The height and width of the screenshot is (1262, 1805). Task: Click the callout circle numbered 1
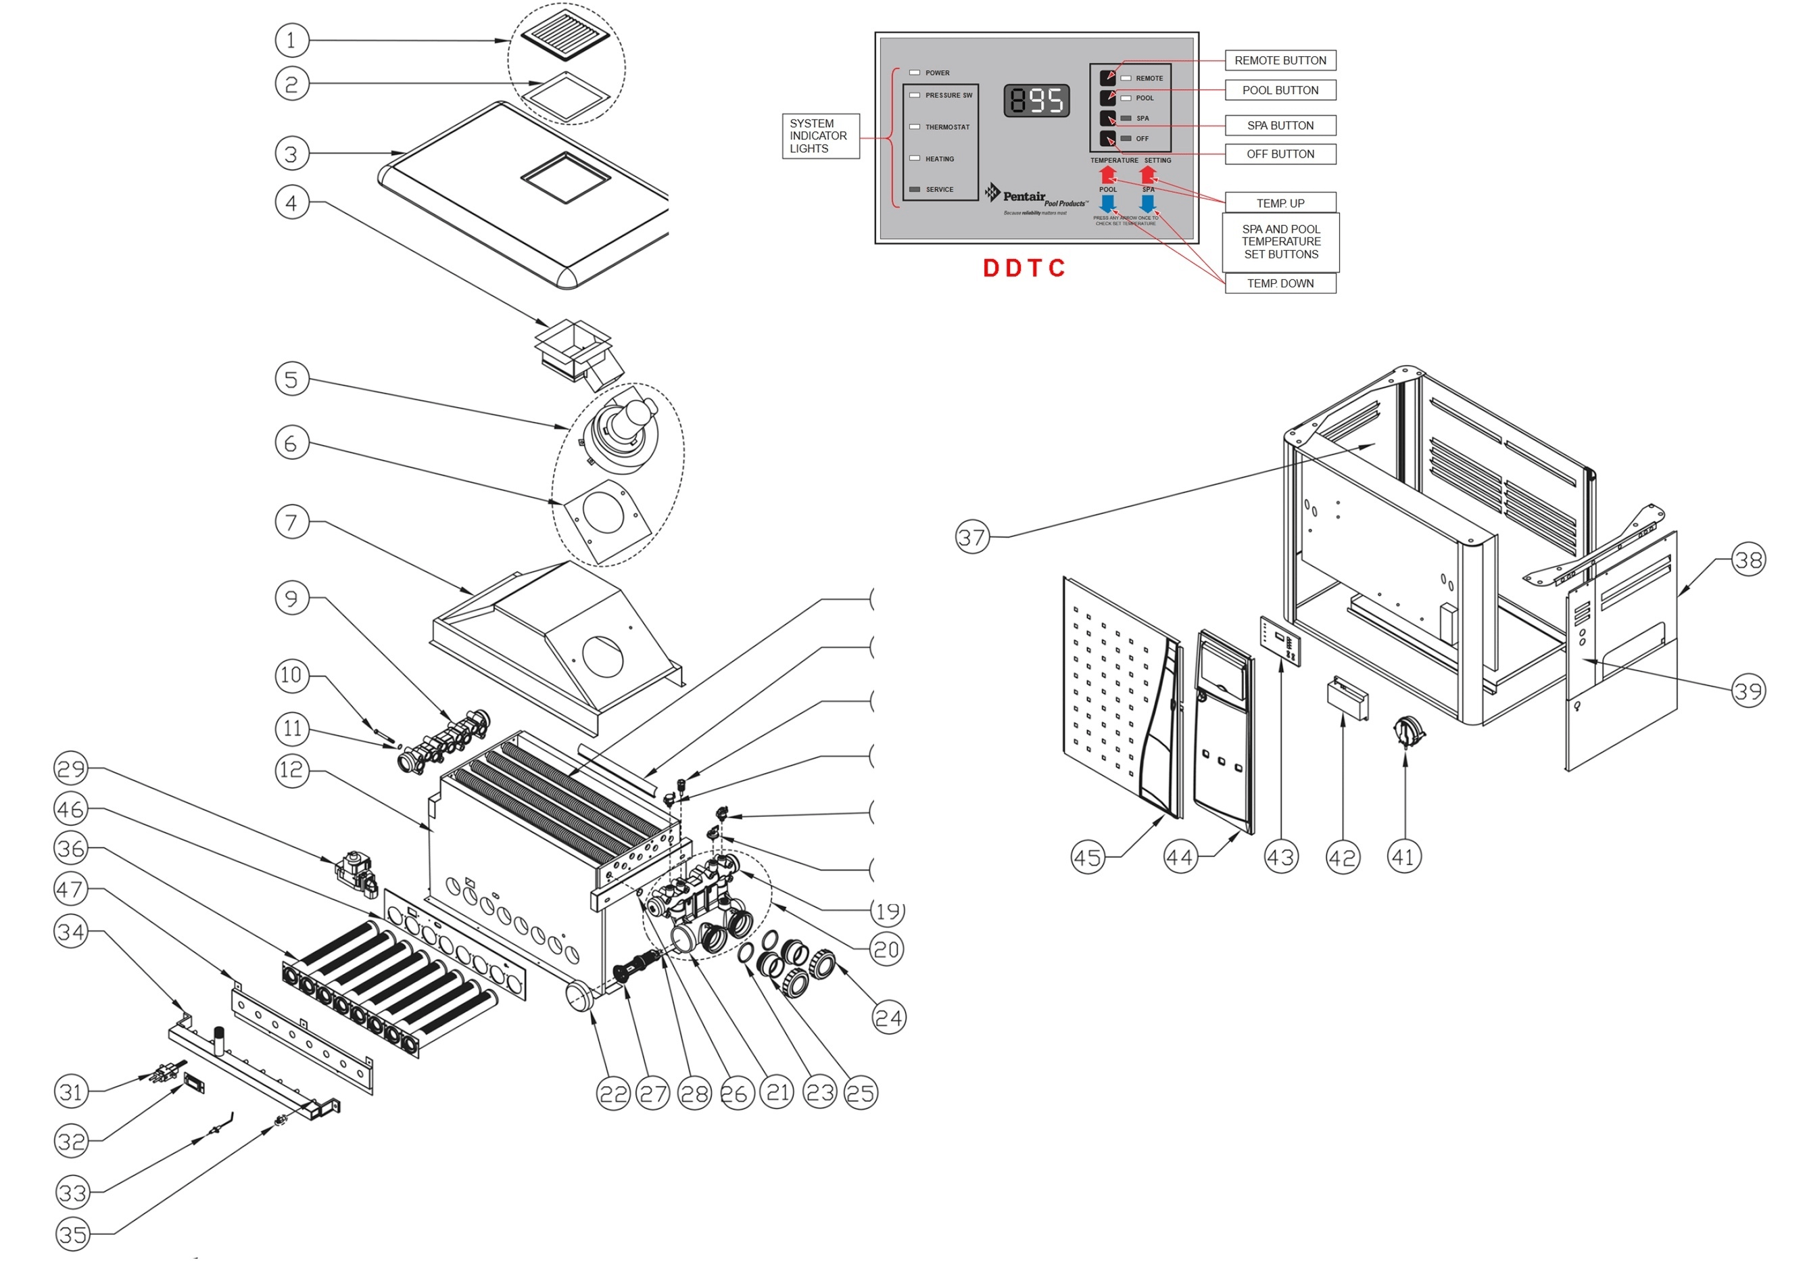coord(291,40)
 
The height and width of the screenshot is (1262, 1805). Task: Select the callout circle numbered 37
coord(971,537)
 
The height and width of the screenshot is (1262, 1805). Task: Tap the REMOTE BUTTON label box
coord(1280,61)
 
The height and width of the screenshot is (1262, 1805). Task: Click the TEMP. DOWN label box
coord(1280,284)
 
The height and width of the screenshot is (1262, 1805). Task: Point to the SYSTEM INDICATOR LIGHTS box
coord(820,136)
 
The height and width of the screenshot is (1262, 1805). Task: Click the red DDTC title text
coord(1024,268)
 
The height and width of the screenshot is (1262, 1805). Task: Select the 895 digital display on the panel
coord(1036,100)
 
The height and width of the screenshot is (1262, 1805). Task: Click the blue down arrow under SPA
coord(1147,203)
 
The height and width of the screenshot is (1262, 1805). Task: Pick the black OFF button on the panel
coord(1108,139)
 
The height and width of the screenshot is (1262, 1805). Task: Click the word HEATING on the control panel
coord(940,159)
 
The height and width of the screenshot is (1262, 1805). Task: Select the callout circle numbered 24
coord(889,1019)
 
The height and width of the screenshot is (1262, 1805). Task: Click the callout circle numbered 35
coord(73,1234)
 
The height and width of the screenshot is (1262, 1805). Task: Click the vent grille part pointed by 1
coord(566,35)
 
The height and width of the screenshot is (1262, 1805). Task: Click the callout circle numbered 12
coord(291,770)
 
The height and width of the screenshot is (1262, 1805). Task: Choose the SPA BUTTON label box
coord(1280,126)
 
